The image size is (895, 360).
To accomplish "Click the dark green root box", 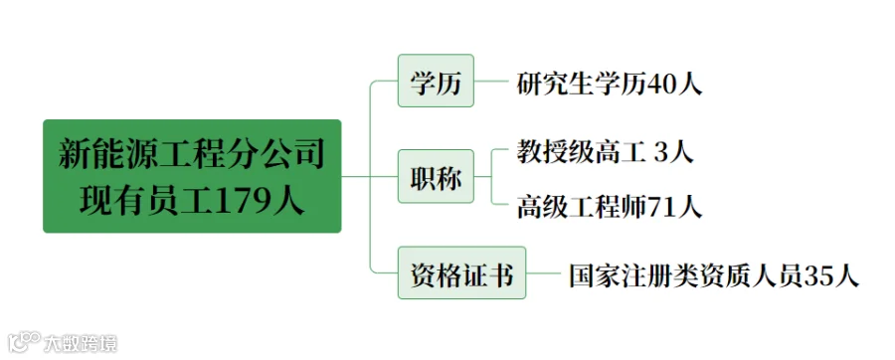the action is tap(192, 176).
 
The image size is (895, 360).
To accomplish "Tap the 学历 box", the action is tap(436, 81).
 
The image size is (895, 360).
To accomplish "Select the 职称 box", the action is tap(436, 176).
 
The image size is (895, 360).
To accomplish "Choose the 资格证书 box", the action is tap(461, 272).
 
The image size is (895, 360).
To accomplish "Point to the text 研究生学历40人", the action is tap(609, 85).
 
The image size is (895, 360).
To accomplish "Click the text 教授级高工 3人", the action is tap(605, 152).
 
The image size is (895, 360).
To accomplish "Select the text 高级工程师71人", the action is tap(609, 207).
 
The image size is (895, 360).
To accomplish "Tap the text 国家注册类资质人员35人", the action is tap(713, 275).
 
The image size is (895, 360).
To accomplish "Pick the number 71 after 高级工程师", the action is tap(662, 207).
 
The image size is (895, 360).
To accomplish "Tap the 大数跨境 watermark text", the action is tap(81, 343).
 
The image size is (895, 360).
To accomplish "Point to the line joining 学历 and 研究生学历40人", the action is tap(491, 81).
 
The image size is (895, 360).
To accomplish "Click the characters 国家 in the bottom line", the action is tap(595, 275).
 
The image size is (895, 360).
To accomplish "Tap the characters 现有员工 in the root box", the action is tap(145, 203).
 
